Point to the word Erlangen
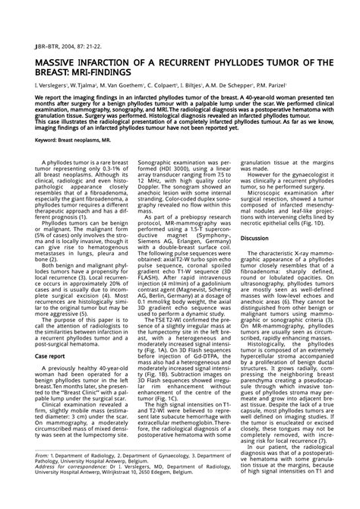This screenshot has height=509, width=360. tap(178, 237)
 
